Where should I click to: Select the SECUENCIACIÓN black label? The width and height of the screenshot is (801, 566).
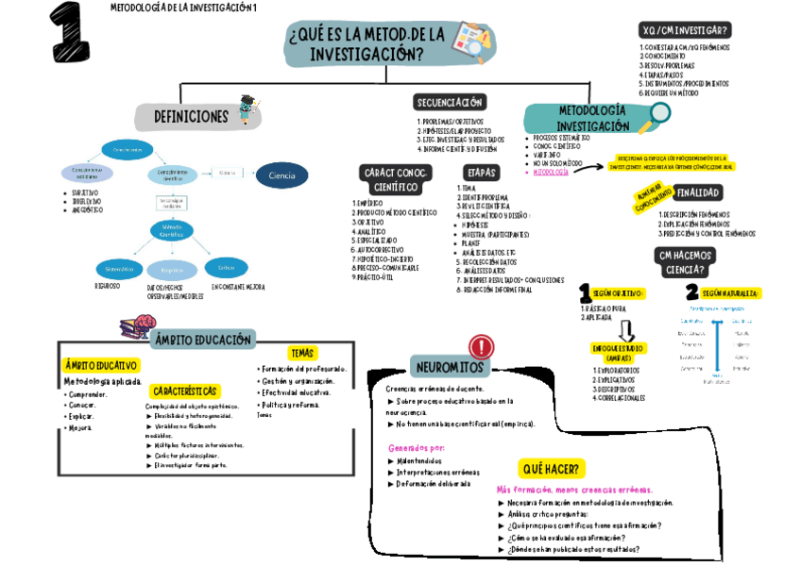[449, 102]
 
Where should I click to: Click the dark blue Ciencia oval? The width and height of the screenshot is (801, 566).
[281, 175]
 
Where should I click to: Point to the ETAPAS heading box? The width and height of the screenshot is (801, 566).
[480, 173]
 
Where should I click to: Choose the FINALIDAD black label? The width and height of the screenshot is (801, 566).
[698, 193]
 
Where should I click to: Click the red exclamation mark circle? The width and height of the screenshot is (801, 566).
[481, 346]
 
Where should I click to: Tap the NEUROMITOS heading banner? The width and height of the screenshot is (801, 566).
[449, 366]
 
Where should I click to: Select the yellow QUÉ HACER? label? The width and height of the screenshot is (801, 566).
[553, 468]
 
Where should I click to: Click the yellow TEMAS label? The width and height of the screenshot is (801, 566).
[301, 353]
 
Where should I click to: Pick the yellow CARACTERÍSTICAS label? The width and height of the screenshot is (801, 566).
[185, 391]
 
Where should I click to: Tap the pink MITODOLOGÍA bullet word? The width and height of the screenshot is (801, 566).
[551, 173]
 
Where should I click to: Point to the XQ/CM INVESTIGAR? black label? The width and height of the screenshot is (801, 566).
[685, 30]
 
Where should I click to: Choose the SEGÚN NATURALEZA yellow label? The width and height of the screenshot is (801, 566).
[729, 293]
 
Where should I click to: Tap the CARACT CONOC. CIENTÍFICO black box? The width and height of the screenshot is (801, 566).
[395, 179]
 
